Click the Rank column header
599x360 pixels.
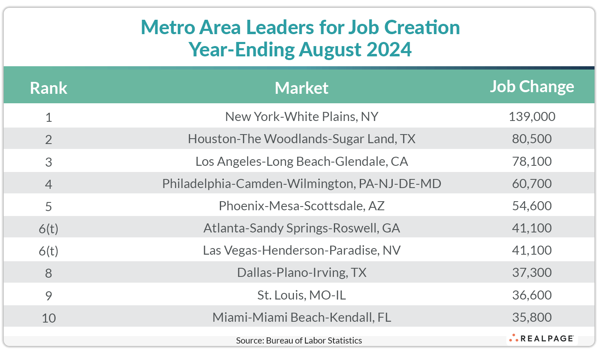point(49,88)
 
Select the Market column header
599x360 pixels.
point(301,88)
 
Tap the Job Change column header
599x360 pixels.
point(531,87)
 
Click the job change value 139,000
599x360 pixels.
point(531,117)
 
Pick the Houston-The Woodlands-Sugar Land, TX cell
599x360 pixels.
point(301,139)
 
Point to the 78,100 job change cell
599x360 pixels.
point(531,161)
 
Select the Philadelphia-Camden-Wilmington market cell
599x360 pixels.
point(301,183)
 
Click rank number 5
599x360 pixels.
point(49,206)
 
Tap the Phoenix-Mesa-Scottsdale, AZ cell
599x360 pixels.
point(301,206)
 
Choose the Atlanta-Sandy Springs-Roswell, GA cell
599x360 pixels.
point(301,228)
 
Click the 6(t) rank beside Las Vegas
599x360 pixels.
point(49,251)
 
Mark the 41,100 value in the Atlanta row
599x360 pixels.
point(531,228)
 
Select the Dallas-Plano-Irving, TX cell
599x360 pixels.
point(301,272)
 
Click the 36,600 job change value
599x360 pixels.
point(531,295)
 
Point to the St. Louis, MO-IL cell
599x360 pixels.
point(301,295)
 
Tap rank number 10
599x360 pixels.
point(49,318)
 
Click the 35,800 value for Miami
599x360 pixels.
point(531,317)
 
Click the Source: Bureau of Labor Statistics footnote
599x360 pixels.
point(299,341)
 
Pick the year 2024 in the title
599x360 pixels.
point(389,50)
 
